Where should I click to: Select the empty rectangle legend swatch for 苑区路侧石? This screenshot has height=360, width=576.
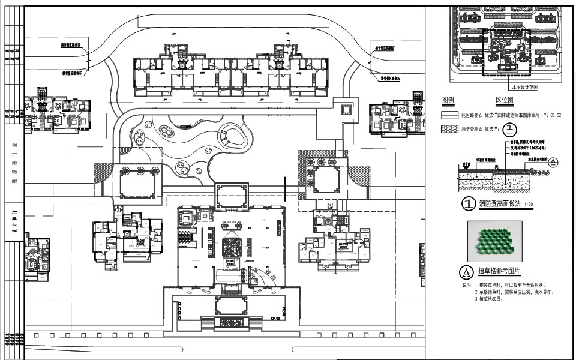pos(450,115)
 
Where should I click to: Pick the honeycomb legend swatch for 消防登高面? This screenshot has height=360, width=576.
pos(450,128)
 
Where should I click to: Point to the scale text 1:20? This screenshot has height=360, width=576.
pos(528,205)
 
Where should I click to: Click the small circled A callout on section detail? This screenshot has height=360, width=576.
pos(553,161)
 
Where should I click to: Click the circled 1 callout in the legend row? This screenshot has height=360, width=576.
pos(509,128)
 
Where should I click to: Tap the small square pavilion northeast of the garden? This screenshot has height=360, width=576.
pos(346,109)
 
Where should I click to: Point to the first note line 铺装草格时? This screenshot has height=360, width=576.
pos(510,284)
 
